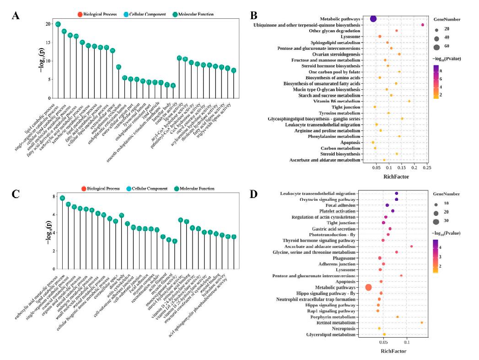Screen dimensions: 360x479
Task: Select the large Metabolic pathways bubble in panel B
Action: pos(373,19)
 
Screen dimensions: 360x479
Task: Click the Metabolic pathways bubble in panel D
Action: pos(368,287)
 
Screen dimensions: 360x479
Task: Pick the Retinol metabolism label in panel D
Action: pos(337,322)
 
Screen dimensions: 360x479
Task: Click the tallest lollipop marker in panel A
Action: pos(58,24)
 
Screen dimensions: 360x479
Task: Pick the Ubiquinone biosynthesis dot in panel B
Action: pos(423,25)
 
